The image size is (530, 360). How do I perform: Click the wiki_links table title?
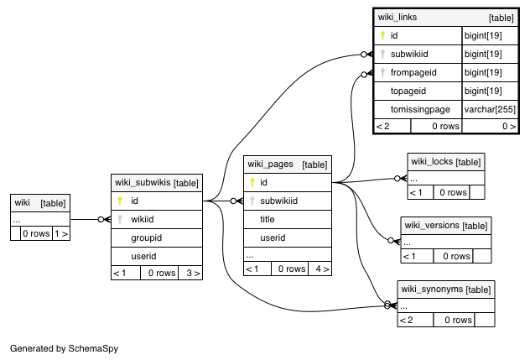397,17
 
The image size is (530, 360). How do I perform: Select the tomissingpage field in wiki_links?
420,109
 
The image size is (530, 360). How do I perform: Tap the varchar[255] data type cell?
490,109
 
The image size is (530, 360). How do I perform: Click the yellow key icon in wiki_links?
382,35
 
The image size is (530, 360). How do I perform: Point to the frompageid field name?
413,72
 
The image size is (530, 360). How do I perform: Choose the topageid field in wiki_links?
408,91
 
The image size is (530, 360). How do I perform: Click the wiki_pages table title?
270,164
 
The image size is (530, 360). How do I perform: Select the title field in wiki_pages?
267,219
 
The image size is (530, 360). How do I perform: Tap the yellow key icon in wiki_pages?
252,182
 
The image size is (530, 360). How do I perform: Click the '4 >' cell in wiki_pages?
323,269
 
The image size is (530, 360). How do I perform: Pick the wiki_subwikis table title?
143,182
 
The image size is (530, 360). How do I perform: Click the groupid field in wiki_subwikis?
147,237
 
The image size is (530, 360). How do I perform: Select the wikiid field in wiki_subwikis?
143,219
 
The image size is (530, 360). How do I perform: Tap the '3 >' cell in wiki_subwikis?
193,273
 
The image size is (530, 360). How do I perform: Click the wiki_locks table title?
432,162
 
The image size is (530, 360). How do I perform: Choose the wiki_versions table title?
432,226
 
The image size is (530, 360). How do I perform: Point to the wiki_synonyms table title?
432,290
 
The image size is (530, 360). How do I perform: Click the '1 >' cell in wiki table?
61,233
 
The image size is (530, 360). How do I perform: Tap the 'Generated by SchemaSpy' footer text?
65,348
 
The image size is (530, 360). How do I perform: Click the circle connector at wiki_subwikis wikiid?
101,219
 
